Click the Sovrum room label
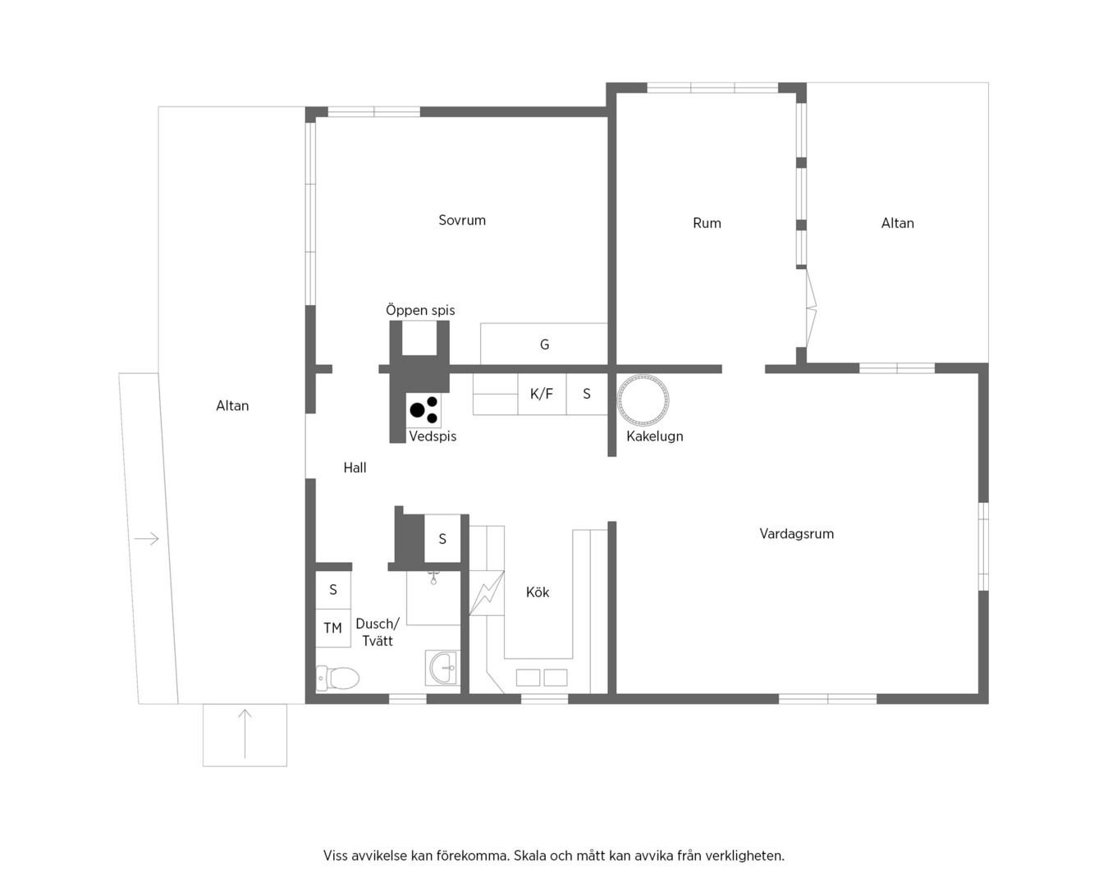462,221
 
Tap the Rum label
707,223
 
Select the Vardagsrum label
796,534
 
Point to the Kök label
538,592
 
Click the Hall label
355,468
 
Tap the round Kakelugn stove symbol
643,400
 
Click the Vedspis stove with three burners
424,410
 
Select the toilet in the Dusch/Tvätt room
337,678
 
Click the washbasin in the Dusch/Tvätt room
442,668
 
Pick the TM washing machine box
333,628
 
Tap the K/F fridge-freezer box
542,395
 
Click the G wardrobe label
544,345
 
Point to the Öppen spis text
420,310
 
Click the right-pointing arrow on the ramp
146,539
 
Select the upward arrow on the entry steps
245,733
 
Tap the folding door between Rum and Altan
810,308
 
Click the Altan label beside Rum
897,223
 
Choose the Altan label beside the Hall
232,406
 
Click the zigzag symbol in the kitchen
487,593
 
